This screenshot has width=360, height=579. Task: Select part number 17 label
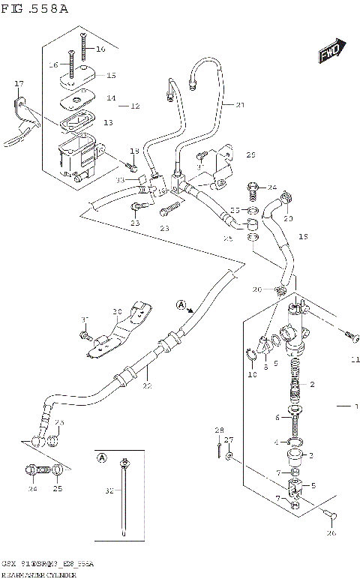tap(19, 83)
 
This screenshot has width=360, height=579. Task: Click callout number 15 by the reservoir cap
tap(111, 76)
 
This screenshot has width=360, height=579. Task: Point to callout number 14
tap(111, 98)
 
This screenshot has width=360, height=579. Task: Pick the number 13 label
tap(109, 122)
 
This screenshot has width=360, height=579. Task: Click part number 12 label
tap(135, 106)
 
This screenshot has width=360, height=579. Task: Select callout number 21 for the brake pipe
tap(240, 104)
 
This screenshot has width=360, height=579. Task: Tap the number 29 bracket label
tap(250, 155)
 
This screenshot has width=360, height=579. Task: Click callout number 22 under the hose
tap(147, 386)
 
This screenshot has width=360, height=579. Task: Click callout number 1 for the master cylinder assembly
tap(357, 406)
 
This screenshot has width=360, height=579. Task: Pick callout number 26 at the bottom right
tap(331, 534)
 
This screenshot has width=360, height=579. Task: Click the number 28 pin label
tap(219, 430)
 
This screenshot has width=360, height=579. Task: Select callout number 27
tap(230, 441)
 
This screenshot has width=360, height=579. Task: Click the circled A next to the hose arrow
tap(181, 304)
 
